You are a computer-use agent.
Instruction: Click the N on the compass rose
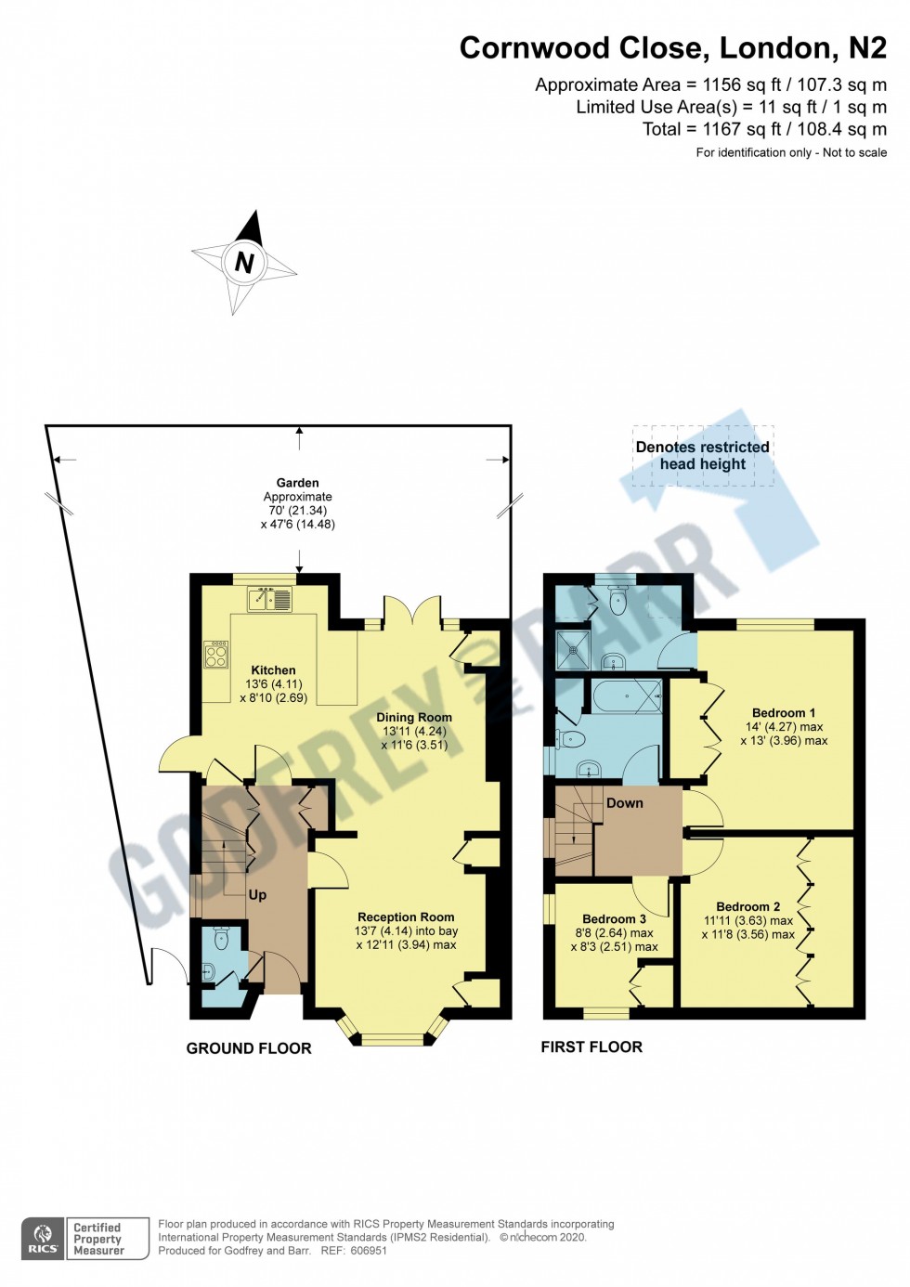tap(244, 263)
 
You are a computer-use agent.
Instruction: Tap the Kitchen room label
tap(273, 669)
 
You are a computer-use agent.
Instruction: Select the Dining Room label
tap(414, 717)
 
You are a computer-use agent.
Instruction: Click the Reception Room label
tap(406, 917)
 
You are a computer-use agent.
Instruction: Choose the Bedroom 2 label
tap(748, 906)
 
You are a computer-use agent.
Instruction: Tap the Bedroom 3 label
tap(614, 918)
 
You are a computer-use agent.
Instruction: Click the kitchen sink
tap(270, 599)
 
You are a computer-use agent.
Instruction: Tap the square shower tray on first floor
tap(573, 650)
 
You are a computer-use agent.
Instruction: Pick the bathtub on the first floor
tap(627, 696)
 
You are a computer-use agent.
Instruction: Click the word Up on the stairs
tap(257, 895)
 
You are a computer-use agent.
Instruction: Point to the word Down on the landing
tap(625, 802)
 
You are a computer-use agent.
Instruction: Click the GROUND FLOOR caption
tap(249, 1048)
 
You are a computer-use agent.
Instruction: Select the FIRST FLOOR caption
tap(591, 1046)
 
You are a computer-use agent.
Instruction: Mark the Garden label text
tap(297, 483)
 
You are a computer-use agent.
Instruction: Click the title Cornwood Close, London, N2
tap(673, 48)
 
